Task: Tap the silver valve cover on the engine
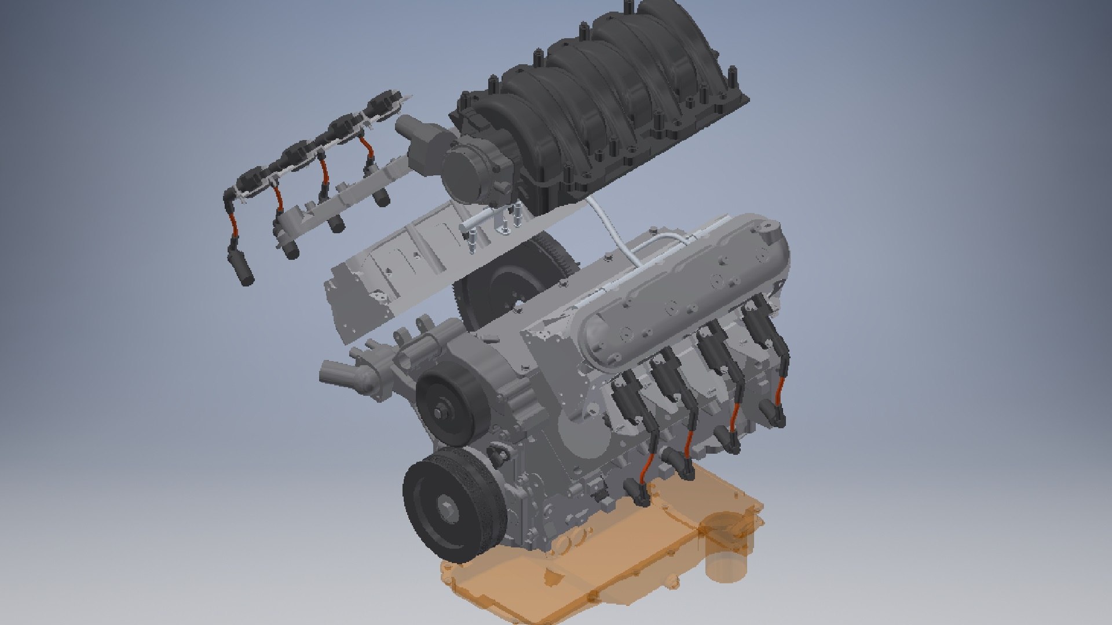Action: (x=683, y=289)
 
